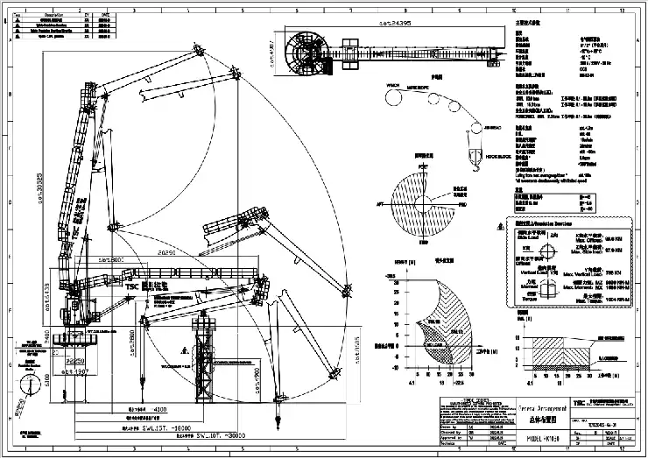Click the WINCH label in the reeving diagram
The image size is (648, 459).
(391, 84)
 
